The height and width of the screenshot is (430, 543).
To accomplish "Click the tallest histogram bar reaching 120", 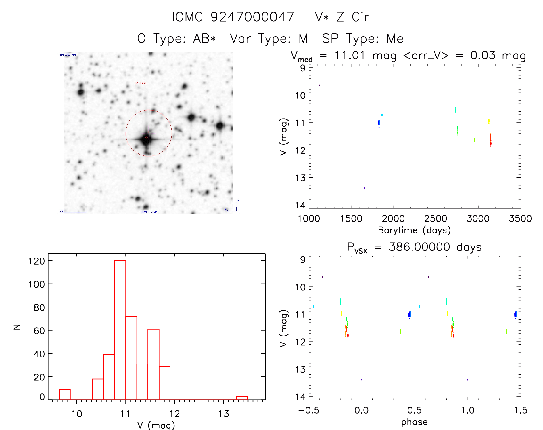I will pos(120,330).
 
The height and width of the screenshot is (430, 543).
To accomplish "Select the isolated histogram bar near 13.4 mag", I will pos(242,398).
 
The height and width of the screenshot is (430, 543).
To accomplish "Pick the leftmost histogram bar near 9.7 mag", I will pos(65,395).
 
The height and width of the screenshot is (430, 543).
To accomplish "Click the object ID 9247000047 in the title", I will pos(252,17).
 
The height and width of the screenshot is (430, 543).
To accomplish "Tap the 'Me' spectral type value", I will pos(395,39).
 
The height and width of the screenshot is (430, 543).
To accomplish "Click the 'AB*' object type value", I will pos(204,39).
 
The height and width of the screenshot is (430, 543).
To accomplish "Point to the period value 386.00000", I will pos(419,247).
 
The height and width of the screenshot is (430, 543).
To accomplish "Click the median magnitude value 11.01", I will pos(350,55).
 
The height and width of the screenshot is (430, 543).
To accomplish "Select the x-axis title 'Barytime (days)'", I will pos(414,230).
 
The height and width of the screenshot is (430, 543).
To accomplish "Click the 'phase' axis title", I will pos(414,422).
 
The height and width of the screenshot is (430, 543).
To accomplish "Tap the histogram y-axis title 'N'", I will pos(17,327).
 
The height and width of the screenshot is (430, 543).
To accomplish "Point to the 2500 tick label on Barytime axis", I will pos(435,219).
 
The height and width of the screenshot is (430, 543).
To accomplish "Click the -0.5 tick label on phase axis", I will pos(309,410).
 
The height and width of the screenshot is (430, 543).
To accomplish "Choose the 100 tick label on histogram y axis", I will pos(37,284).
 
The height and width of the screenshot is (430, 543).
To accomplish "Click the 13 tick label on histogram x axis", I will pos(223,414).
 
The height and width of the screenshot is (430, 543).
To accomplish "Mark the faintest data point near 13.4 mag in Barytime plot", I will pos(364,188).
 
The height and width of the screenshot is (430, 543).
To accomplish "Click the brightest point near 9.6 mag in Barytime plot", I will pos(319,85).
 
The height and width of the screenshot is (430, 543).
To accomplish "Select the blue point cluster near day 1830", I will pos(379,123).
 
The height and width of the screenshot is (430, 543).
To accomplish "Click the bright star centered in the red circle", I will pos(146,139).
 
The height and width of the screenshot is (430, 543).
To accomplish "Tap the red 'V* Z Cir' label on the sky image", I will pos(141,83).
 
